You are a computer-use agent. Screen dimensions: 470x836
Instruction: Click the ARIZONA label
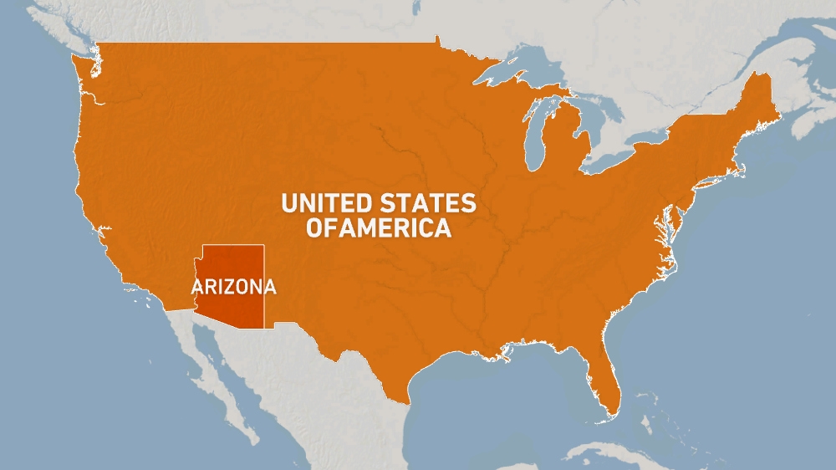pos(233,287)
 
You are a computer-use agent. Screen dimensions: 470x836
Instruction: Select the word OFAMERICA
pos(378,227)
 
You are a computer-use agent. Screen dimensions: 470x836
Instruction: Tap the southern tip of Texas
pos(407,400)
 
